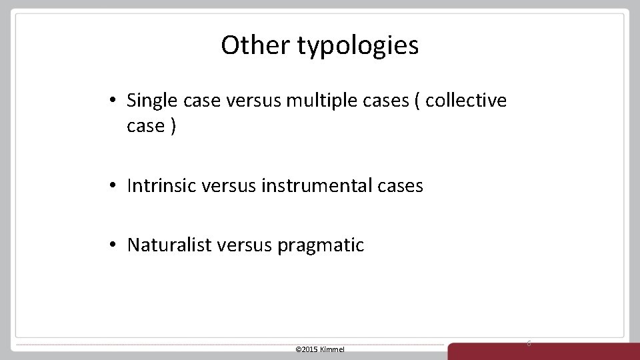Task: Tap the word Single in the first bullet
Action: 149,101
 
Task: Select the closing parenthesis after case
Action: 173,127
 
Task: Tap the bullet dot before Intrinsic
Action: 115,186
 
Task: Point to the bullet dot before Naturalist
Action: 115,245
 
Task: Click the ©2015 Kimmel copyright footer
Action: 319,349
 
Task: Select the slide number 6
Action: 529,343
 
